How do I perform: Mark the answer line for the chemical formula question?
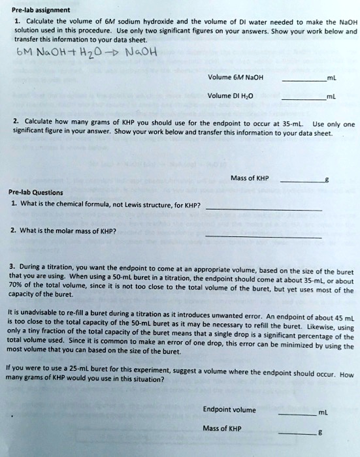tap(263, 210)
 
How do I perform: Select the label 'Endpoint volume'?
tap(229, 410)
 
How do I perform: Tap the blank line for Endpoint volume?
tap(297, 413)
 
